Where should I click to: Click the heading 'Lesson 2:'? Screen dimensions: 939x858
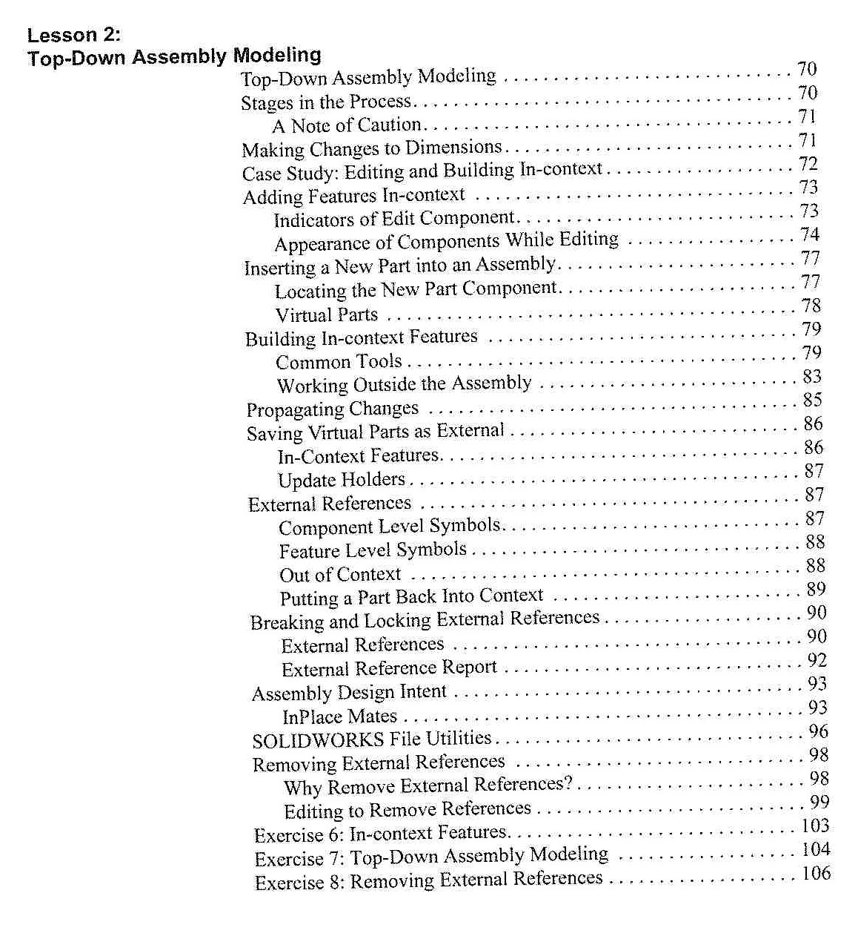tap(73, 35)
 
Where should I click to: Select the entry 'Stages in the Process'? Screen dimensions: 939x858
tap(326, 102)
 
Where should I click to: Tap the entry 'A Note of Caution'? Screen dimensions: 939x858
tap(347, 125)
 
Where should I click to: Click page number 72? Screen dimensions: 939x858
tap(808, 163)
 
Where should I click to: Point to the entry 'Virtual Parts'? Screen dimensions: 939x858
tap(327, 314)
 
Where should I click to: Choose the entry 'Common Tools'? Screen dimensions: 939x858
tap(339, 362)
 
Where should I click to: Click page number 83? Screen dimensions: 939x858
tap(811, 377)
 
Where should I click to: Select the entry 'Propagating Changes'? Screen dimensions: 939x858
tap(332, 409)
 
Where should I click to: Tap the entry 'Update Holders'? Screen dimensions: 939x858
tap(342, 480)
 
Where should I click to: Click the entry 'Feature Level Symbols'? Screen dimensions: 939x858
tap(373, 550)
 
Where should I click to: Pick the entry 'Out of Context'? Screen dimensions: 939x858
tap(340, 575)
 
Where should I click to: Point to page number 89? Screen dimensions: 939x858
tap(816, 590)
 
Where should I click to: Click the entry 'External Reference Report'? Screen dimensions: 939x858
tap(389, 668)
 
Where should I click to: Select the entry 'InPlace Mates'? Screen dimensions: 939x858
tap(340, 716)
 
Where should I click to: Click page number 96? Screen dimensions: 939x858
tap(818, 731)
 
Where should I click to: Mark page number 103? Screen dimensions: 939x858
tap(816, 826)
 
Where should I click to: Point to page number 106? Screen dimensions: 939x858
tap(817, 873)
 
